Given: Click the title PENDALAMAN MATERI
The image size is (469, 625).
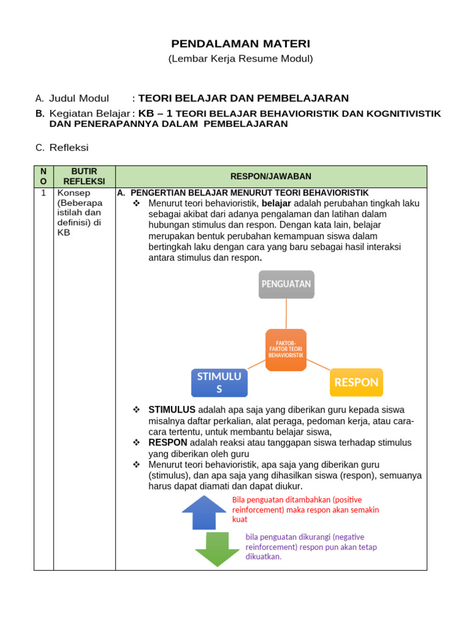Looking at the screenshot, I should [x=241, y=44].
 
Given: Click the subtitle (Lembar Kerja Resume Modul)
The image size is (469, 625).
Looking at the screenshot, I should [x=241, y=59].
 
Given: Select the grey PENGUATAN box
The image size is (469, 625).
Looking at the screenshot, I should [x=286, y=284].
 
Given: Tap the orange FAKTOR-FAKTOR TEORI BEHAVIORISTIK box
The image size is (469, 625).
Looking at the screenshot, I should [x=286, y=350].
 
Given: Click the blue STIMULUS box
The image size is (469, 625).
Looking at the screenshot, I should [x=219, y=383].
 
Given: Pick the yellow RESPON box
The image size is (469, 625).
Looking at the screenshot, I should [x=357, y=383].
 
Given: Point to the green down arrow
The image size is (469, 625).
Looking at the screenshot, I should [x=217, y=549].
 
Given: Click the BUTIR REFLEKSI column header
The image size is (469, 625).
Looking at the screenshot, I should [x=84, y=176].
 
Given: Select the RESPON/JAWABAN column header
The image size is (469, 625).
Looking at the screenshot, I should [x=271, y=176].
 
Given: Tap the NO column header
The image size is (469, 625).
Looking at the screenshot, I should [x=43, y=176].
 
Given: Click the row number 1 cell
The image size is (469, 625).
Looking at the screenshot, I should [x=43, y=193].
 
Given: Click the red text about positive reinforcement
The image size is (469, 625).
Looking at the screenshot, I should [x=305, y=509].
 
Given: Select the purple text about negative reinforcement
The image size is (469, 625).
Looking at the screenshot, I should [x=311, y=546].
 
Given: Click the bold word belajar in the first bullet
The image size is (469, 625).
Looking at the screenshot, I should [x=276, y=203].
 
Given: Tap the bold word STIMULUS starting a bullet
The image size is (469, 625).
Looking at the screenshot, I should [x=172, y=410].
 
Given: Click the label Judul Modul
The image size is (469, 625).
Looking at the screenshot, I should [x=79, y=98].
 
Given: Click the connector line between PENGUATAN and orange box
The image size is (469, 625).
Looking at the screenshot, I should [x=286, y=314].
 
